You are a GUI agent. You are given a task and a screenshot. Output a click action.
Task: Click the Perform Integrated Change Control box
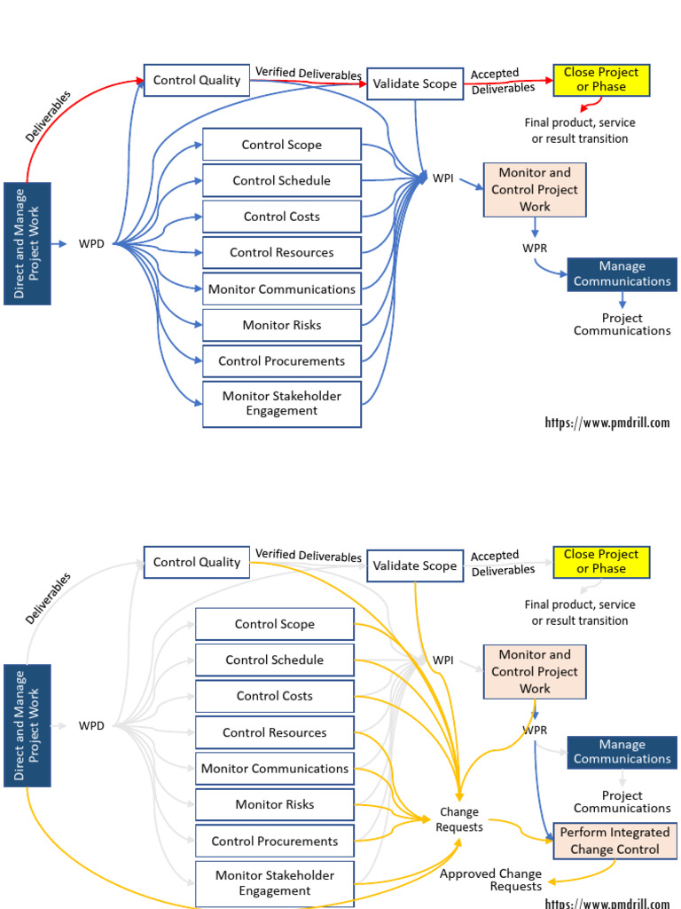(x=614, y=841)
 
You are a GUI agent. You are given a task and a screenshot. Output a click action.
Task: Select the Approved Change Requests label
(x=492, y=880)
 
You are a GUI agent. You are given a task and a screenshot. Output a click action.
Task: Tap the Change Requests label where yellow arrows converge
(x=459, y=819)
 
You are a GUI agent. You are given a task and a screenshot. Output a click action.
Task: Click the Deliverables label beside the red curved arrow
(x=48, y=115)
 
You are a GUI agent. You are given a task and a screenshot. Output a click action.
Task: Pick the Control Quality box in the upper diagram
(x=196, y=81)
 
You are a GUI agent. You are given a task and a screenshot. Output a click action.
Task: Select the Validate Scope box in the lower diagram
(x=414, y=565)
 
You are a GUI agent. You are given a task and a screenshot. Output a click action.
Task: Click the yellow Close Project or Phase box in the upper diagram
(x=600, y=80)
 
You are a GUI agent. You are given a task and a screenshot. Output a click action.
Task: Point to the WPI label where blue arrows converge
(x=442, y=178)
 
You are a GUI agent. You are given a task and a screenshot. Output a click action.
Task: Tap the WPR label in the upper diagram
(x=535, y=247)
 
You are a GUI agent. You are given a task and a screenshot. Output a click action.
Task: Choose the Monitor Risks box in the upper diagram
(x=282, y=325)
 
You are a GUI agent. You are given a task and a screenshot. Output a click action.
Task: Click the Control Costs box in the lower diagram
(x=274, y=696)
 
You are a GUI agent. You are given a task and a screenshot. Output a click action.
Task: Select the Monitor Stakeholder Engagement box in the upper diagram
(x=282, y=404)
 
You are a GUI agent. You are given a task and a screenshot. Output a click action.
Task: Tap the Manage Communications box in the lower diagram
(x=622, y=752)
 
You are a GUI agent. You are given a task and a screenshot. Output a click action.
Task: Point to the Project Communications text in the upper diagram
(x=622, y=324)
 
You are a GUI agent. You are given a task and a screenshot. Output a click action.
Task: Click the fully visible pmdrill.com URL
(x=607, y=423)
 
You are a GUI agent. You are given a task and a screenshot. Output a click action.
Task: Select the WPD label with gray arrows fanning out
(x=91, y=725)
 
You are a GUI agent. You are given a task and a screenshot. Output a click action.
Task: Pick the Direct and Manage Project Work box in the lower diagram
(x=27, y=725)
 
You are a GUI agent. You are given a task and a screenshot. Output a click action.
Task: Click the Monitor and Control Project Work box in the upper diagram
(x=535, y=190)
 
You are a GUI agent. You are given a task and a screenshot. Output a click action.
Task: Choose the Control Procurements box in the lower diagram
(x=274, y=841)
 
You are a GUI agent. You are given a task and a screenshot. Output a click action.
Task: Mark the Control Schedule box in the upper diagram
(x=282, y=180)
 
